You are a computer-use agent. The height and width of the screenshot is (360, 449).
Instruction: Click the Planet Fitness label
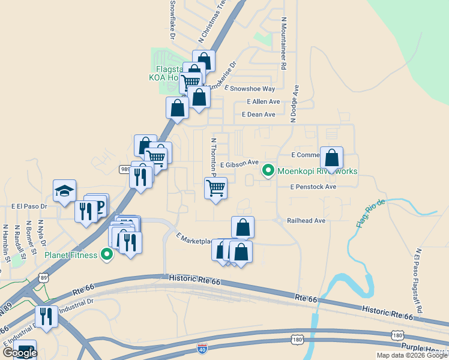coord(71,256)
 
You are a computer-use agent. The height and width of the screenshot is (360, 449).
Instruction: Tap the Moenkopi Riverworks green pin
coord(268,171)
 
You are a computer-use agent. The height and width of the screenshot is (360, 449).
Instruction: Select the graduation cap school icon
coord(65,191)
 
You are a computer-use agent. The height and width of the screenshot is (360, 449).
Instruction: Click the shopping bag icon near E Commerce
coord(332,158)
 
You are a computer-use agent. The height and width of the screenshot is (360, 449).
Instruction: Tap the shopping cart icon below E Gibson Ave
coord(215,188)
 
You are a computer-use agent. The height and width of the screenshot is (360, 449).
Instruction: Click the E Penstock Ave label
coord(313,187)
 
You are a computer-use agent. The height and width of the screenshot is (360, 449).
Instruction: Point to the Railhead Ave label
coord(306,221)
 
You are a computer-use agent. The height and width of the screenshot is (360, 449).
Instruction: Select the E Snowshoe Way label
coord(249,88)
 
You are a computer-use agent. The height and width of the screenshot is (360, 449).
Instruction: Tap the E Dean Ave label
coord(258,115)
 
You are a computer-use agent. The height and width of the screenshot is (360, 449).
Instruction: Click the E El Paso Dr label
coord(29,206)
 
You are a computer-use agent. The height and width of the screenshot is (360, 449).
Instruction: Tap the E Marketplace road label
coord(194,239)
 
